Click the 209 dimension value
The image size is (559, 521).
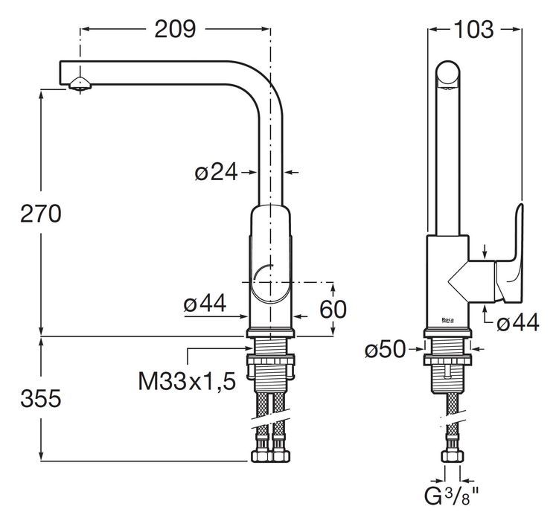pyautogui.click(x=175, y=29)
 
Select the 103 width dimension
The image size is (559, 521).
pyautogui.click(x=474, y=29)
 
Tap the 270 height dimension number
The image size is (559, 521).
pyautogui.click(x=41, y=214)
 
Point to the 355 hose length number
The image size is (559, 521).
pyautogui.click(x=41, y=398)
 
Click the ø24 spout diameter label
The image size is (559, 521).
pyautogui.click(x=216, y=172)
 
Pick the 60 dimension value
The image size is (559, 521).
pyautogui.click(x=333, y=309)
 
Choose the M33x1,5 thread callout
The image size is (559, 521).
pyautogui.click(x=187, y=382)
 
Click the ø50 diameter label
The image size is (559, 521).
pyautogui.click(x=385, y=349)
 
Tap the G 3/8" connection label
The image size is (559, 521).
pyautogui.click(x=452, y=496)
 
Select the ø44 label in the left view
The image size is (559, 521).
pyautogui.click(x=205, y=304)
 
